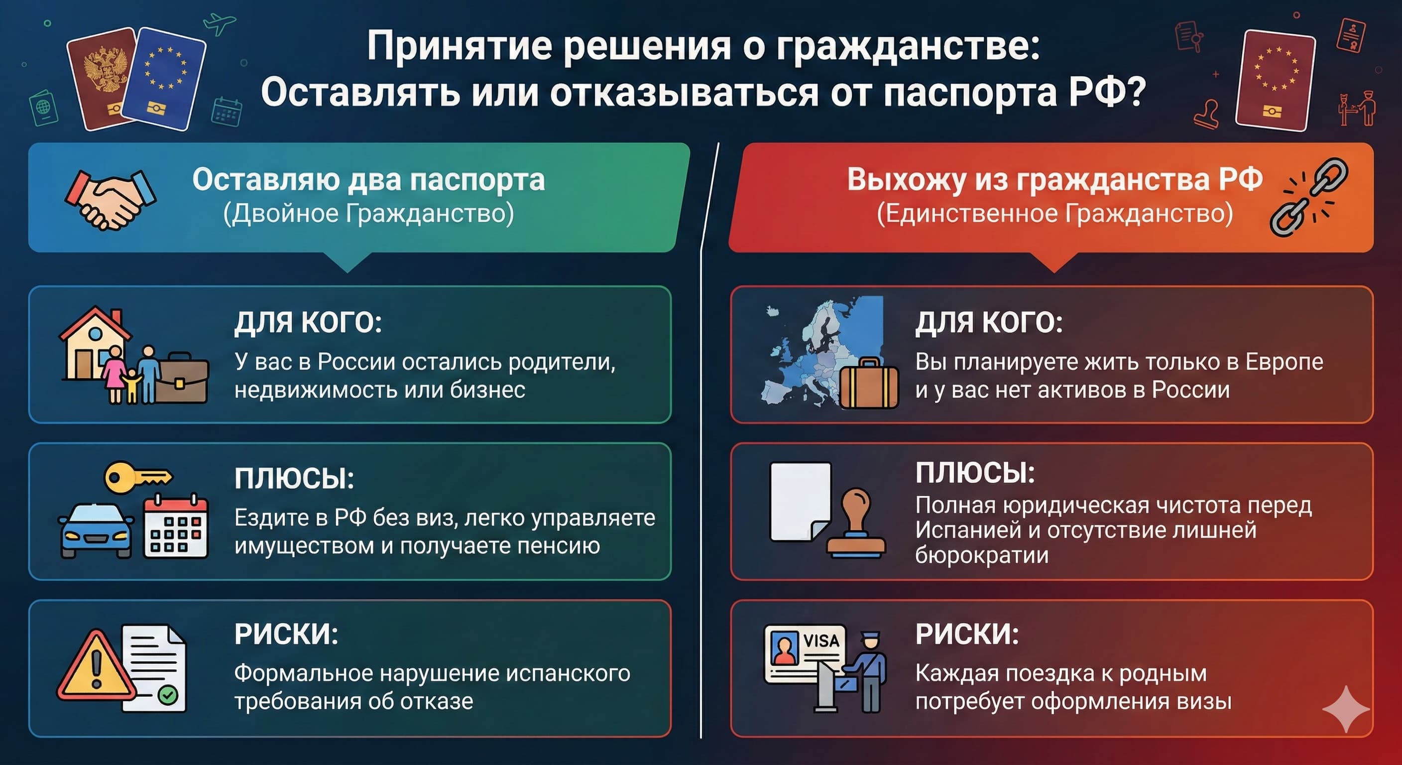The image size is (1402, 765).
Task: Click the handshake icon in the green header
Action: pyautogui.click(x=111, y=199)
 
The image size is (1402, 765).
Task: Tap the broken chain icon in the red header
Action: pyautogui.click(x=1308, y=197)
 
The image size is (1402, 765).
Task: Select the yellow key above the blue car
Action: pyautogui.click(x=136, y=477)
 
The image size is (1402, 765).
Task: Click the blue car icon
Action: pyautogui.click(x=96, y=530)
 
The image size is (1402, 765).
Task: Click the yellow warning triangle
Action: pyautogui.click(x=96, y=667)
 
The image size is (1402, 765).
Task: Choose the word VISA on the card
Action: pyautogui.click(x=820, y=640)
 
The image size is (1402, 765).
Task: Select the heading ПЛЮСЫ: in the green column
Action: pyautogui.click(x=294, y=479)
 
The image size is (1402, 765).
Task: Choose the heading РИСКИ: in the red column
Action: pyautogui.click(x=966, y=634)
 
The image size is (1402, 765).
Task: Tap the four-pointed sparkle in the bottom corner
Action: pyautogui.click(x=1345, y=708)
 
